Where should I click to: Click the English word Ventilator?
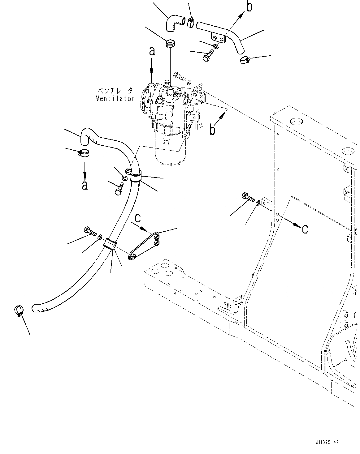click(x=115, y=99)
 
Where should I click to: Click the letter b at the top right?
click(x=249, y=7)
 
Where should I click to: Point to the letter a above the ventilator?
click(x=152, y=52)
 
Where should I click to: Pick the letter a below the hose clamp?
click(x=85, y=185)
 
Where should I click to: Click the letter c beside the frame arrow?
click(x=305, y=229)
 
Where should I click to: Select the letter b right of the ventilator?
click(x=213, y=129)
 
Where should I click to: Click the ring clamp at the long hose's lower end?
click(x=19, y=311)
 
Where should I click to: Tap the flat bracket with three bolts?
click(x=144, y=246)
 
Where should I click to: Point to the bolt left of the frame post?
click(x=248, y=197)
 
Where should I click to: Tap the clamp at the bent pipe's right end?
click(x=245, y=60)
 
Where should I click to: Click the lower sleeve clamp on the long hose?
click(x=110, y=244)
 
